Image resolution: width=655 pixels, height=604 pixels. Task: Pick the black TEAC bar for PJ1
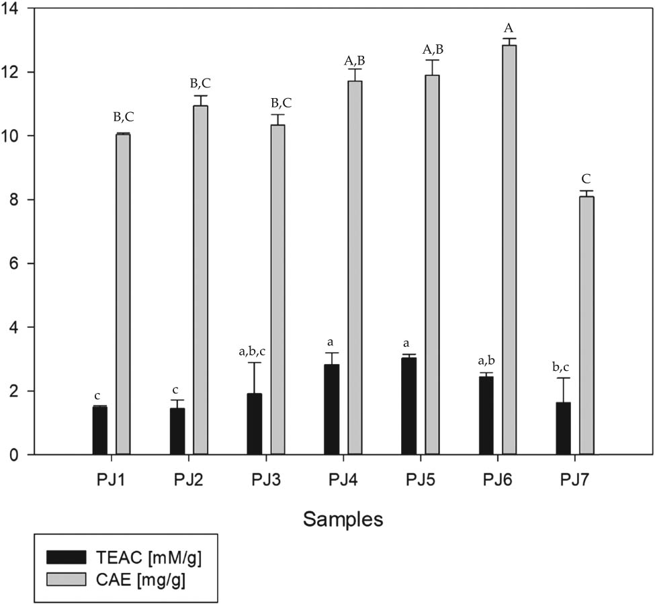coord(99,430)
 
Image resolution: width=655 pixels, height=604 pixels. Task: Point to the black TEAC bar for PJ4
coord(331,409)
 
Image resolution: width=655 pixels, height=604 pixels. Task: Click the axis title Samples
coord(343,519)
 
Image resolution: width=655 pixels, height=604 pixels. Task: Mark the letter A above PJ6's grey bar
coord(509,28)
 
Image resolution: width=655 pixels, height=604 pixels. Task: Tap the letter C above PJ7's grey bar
coord(586,179)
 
